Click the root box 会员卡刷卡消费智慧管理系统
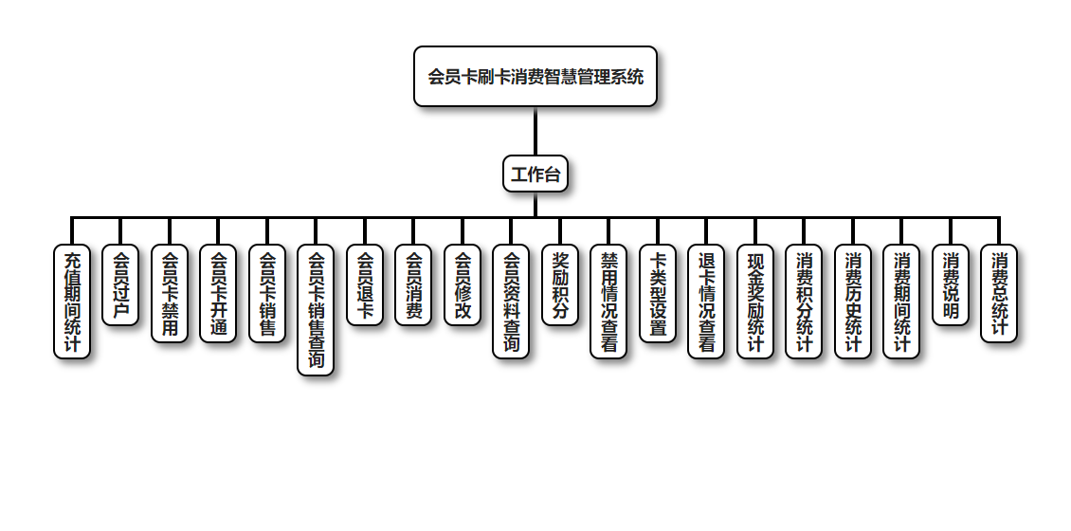click(x=535, y=77)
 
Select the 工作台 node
click(x=535, y=174)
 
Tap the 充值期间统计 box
click(x=72, y=302)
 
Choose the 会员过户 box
click(x=120, y=285)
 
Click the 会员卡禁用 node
click(x=170, y=294)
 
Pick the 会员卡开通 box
click(x=218, y=294)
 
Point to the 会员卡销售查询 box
click(x=316, y=310)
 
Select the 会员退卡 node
click(x=365, y=285)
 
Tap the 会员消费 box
click(x=413, y=285)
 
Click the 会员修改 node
click(x=463, y=285)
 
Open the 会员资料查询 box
click(x=511, y=302)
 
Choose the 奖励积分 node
click(x=560, y=285)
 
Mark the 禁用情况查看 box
click(x=608, y=302)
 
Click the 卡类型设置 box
click(x=658, y=294)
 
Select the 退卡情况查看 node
click(x=706, y=302)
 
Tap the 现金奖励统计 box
click(x=755, y=302)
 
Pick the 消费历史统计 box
click(x=853, y=302)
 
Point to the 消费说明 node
click(x=951, y=285)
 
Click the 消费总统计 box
click(x=999, y=294)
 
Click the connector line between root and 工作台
click(x=535, y=131)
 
